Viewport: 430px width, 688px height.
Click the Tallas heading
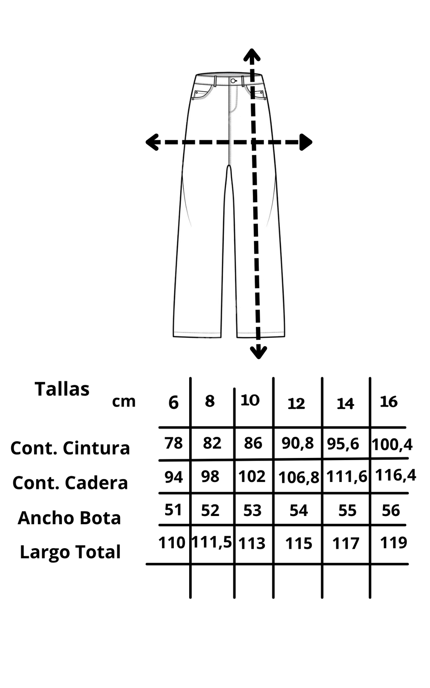pos(62,389)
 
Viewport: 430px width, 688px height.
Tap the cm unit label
pos(124,401)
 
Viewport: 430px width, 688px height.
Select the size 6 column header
pos(173,403)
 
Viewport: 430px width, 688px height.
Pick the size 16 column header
pos(389,402)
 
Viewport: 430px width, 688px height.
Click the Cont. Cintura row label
pos(70,448)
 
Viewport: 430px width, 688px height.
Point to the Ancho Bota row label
pos(69,518)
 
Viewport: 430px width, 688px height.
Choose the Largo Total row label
pos(70,552)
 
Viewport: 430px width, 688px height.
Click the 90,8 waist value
pos(298,443)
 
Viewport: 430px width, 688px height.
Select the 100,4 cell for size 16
pos(392,444)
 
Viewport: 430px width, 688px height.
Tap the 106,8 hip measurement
pos(299,477)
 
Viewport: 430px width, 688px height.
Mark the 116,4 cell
pos(396,475)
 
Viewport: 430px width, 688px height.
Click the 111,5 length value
pos(212,542)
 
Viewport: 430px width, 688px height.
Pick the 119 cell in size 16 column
pos(393,543)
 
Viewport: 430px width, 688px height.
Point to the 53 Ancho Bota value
pos(252,510)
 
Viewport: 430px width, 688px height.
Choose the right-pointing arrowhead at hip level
pos(306,142)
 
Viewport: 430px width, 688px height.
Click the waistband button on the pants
pos(233,80)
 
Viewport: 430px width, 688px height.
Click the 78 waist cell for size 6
pos(174,443)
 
